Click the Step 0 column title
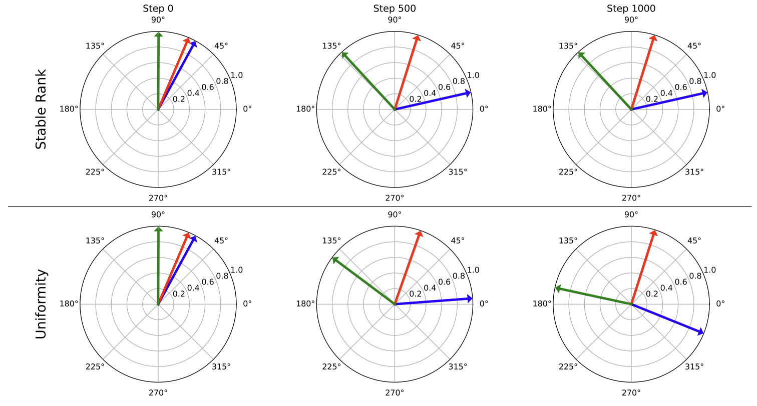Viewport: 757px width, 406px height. click(x=158, y=8)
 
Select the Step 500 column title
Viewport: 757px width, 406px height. click(x=395, y=8)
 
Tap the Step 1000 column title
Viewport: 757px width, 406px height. click(x=631, y=8)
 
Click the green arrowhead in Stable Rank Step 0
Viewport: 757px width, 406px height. click(x=158, y=34)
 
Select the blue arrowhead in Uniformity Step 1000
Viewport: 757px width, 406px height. click(x=701, y=331)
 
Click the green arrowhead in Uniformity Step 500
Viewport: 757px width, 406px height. click(x=334, y=259)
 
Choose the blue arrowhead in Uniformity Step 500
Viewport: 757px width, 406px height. click(x=470, y=298)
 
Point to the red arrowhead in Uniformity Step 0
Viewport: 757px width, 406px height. click(x=188, y=235)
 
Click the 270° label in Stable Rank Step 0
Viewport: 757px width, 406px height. click(x=158, y=197)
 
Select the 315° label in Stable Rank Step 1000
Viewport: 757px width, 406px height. click(x=694, y=171)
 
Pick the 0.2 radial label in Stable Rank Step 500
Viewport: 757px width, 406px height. click(x=415, y=99)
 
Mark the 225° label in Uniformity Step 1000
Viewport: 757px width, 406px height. click(x=568, y=366)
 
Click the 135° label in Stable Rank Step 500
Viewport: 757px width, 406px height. click(x=331, y=46)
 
